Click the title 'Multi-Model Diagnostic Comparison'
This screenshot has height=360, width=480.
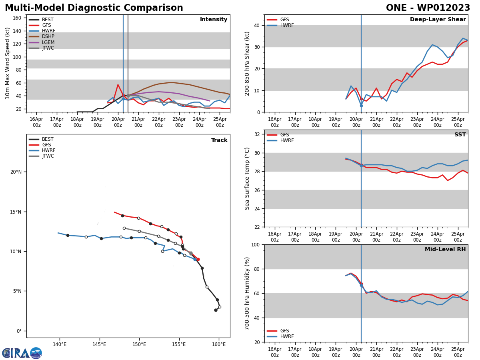pos(94,8)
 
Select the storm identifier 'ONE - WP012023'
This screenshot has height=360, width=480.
pos(428,8)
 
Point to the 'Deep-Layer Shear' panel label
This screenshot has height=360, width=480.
pos(438,20)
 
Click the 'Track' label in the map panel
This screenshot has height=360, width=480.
pos(219,140)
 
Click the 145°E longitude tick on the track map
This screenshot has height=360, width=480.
pos(99,344)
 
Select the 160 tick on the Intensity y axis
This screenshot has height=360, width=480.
pos(17,18)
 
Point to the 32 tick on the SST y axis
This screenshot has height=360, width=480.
pos(257,134)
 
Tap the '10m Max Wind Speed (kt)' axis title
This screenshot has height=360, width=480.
pos(8,63)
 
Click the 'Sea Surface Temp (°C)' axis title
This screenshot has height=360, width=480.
pos(247,178)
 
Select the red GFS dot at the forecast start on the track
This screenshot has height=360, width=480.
pos(198,259)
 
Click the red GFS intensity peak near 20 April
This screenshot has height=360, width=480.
pos(118,85)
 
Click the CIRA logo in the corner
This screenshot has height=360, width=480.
pos(22,353)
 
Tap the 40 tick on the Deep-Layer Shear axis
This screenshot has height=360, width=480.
pos(257,25)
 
